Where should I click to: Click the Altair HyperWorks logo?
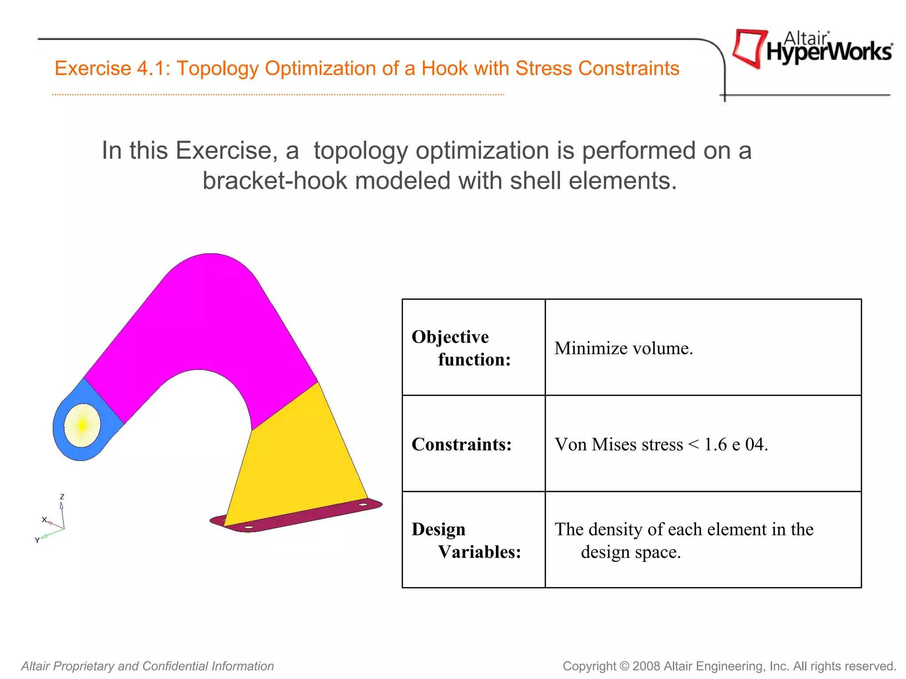tap(812, 49)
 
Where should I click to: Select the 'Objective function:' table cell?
tap(473, 348)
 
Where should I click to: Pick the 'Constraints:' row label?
tap(461, 444)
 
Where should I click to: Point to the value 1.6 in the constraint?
tap(715, 444)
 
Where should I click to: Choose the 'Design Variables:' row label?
tap(466, 540)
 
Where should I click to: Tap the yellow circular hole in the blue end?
tap(82, 425)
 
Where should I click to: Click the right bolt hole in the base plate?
tap(363, 504)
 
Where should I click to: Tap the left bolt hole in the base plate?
tap(249, 527)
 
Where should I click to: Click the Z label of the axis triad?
tap(62, 497)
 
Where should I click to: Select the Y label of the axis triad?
tap(37, 540)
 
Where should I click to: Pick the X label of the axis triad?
tap(44, 519)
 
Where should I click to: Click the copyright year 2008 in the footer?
tap(646, 666)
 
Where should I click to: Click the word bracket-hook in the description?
tap(275, 181)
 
